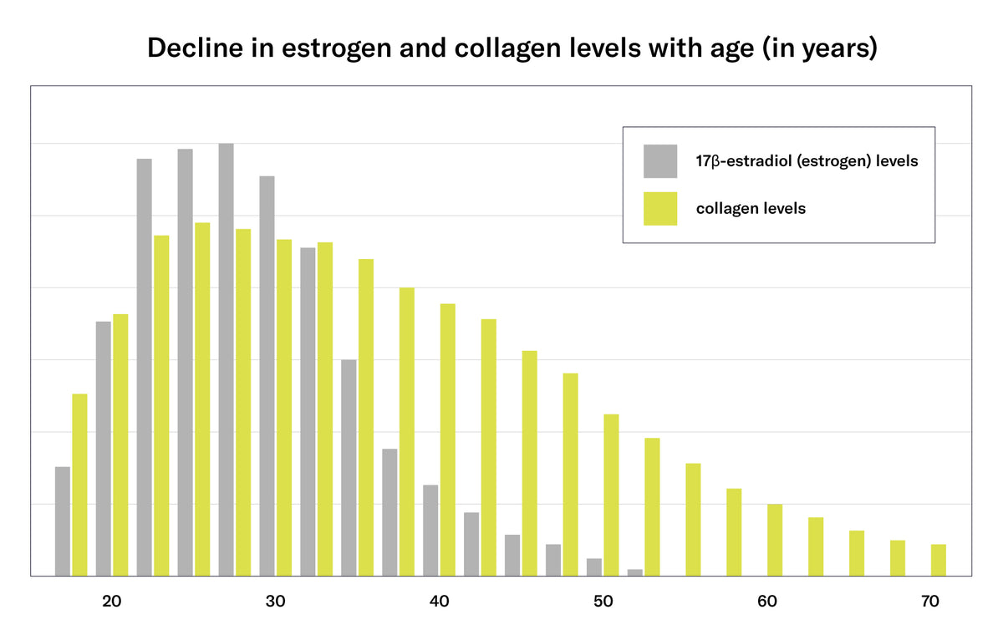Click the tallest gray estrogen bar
pyautogui.click(x=227, y=359)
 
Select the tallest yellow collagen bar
pyautogui.click(x=202, y=399)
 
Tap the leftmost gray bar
pyautogui.click(x=63, y=521)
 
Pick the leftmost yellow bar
pyautogui.click(x=79, y=485)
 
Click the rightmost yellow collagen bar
pyautogui.click(x=939, y=560)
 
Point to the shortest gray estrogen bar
pyautogui.click(x=635, y=572)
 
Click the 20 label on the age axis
pyautogui.click(x=111, y=602)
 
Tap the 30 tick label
pyautogui.click(x=275, y=602)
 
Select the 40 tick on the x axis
pyautogui.click(x=440, y=602)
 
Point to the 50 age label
pyautogui.click(x=603, y=602)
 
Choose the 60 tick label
pyautogui.click(x=767, y=602)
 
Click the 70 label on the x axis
pyautogui.click(x=930, y=602)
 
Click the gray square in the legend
pyautogui.click(x=660, y=161)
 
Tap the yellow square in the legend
pyautogui.click(x=660, y=209)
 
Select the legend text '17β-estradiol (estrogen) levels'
pyautogui.click(x=807, y=161)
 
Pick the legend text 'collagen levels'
pyautogui.click(x=751, y=209)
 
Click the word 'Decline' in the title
pyautogui.click(x=196, y=48)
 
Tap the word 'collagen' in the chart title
pyautogui.click(x=508, y=48)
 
